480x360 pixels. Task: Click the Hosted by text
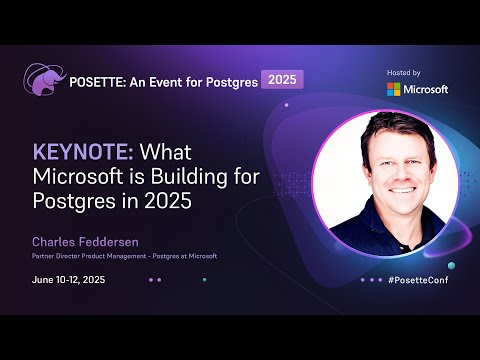pyautogui.click(x=403, y=73)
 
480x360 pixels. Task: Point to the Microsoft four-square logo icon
pyautogui.click(x=395, y=89)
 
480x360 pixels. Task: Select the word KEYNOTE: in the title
pyautogui.click(x=84, y=153)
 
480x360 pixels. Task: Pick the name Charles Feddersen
pyautogui.click(x=84, y=242)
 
